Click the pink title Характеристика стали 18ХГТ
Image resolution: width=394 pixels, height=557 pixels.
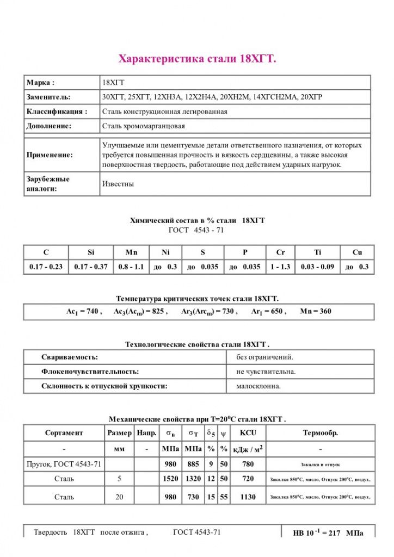(x=197, y=59)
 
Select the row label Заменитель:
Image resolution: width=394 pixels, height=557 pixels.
(x=48, y=97)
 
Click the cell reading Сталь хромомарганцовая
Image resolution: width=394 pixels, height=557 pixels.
(x=143, y=126)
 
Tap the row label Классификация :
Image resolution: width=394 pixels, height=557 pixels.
(x=57, y=112)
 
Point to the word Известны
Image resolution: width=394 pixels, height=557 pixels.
(x=118, y=184)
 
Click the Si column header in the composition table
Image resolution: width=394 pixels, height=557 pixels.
(x=91, y=252)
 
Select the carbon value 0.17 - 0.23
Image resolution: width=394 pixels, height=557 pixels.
(x=46, y=267)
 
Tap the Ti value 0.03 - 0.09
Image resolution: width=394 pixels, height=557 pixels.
(x=318, y=267)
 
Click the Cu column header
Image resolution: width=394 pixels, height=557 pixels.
(x=357, y=252)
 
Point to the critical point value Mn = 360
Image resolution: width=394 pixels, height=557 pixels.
(x=316, y=312)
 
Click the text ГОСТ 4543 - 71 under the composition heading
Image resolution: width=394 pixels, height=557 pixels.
(x=197, y=230)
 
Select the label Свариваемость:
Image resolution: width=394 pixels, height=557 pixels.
(x=70, y=357)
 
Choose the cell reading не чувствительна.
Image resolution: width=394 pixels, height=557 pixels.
(x=266, y=372)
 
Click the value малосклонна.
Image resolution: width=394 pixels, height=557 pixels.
(x=258, y=386)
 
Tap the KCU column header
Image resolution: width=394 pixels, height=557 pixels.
(x=248, y=433)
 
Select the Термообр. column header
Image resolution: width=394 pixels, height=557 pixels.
(x=320, y=433)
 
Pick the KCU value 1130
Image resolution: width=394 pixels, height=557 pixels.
(x=248, y=497)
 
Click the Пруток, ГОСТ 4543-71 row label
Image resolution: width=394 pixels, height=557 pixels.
(x=64, y=465)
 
